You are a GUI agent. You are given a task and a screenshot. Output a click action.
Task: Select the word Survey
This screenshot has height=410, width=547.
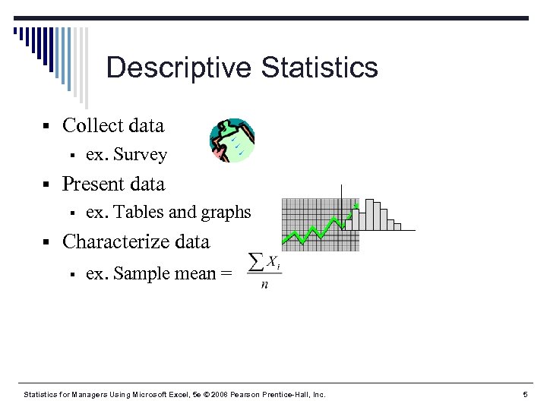139,155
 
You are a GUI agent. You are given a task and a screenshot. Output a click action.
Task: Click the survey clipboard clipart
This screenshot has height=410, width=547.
232,140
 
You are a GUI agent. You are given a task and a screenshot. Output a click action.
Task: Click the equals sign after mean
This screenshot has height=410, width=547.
226,274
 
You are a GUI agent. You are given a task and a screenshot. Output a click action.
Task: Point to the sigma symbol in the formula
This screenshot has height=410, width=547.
256,261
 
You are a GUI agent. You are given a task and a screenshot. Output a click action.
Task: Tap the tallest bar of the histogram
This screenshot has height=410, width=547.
372,214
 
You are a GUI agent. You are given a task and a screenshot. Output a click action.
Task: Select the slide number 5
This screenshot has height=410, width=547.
525,395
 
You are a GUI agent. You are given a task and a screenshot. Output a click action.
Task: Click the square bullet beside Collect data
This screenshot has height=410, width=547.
46,126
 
